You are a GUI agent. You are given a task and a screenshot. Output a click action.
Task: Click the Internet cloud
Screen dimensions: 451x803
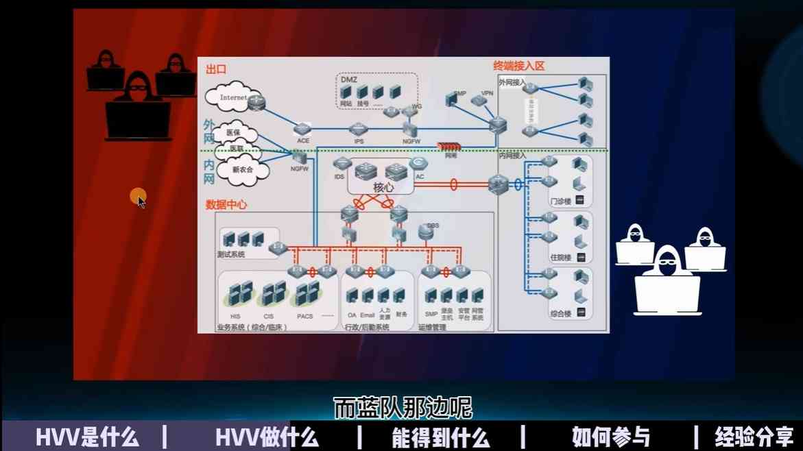click(x=232, y=98)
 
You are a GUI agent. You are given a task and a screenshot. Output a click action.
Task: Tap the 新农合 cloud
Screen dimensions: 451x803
click(x=242, y=169)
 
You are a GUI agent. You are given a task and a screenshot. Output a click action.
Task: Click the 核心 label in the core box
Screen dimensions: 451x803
click(x=384, y=187)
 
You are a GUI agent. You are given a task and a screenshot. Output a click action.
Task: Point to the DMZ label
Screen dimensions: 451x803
click(x=349, y=80)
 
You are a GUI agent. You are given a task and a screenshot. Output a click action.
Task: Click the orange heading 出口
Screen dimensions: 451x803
click(x=216, y=69)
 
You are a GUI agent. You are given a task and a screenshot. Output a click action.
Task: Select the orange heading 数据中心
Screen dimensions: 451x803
click(x=226, y=204)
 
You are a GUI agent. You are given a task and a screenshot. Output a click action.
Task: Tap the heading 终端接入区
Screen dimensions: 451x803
click(x=518, y=66)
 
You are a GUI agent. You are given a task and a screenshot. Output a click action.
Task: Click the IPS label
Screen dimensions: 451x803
click(x=359, y=141)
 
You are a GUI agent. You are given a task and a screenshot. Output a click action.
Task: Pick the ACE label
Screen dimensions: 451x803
click(x=303, y=141)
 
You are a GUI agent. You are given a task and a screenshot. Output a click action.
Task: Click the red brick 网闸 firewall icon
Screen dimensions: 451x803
click(x=450, y=147)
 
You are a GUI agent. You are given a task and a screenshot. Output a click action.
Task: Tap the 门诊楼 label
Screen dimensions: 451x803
click(x=560, y=202)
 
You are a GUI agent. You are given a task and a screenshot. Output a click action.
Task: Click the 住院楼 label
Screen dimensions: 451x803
click(x=560, y=258)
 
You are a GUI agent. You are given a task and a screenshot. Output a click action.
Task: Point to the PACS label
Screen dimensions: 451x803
click(x=304, y=316)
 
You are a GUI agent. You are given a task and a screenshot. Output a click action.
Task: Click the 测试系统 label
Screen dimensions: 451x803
click(x=230, y=254)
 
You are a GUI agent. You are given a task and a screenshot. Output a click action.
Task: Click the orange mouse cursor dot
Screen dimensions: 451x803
click(x=137, y=197)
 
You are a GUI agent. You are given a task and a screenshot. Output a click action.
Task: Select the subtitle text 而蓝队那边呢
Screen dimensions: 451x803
click(x=403, y=408)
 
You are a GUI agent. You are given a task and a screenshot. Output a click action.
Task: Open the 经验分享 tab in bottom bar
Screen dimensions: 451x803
click(x=754, y=437)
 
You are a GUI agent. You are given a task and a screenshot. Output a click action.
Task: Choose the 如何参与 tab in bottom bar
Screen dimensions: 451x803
click(x=610, y=437)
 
